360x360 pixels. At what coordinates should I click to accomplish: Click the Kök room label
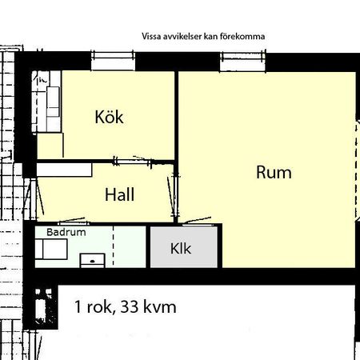click(x=109, y=118)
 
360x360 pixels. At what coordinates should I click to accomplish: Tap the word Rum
click(x=274, y=172)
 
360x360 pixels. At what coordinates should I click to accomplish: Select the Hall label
click(x=118, y=194)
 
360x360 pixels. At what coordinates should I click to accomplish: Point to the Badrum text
click(x=66, y=232)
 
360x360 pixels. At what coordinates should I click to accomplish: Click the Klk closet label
click(x=181, y=249)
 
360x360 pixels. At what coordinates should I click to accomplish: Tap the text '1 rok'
click(x=92, y=307)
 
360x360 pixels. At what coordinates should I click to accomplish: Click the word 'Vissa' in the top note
click(x=150, y=36)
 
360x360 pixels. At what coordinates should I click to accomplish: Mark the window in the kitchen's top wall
click(x=116, y=55)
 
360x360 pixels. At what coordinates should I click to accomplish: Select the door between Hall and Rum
click(x=175, y=197)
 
